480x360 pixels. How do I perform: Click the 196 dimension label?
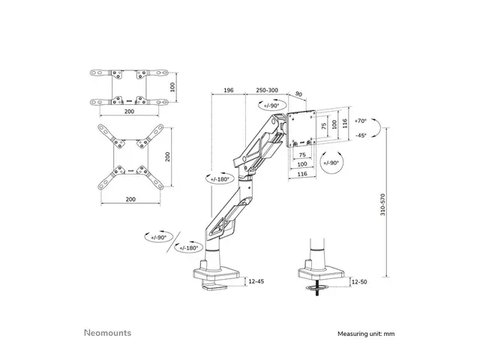[229, 91]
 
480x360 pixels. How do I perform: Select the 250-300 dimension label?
[265, 91]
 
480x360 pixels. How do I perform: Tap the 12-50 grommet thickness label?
[359, 281]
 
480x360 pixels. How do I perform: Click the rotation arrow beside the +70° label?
[380, 128]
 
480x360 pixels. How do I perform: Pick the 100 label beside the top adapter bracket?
[172, 86]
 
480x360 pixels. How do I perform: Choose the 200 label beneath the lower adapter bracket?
[130, 199]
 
